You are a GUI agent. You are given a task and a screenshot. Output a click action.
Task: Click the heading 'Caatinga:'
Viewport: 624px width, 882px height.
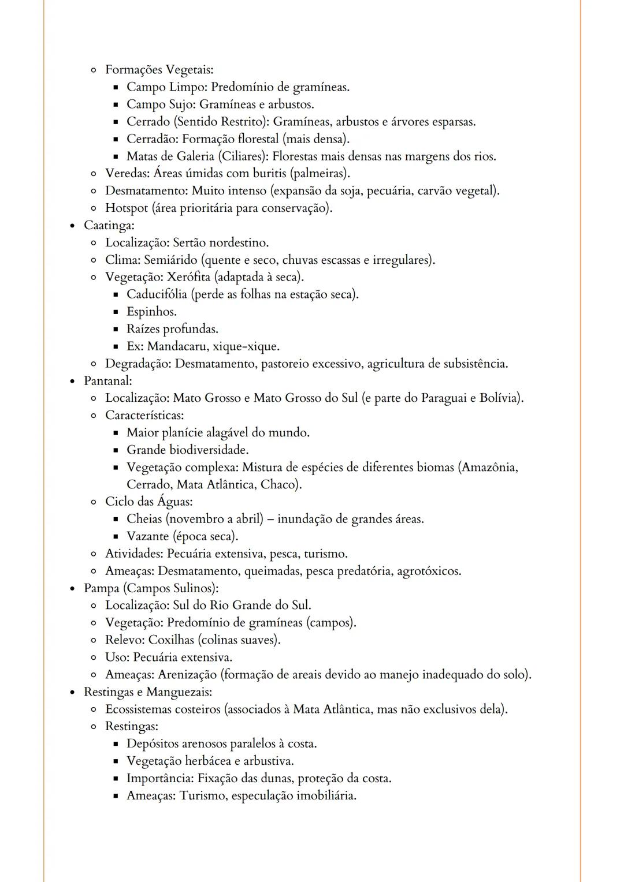click(109, 225)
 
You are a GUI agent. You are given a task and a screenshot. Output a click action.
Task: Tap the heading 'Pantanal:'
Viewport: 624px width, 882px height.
click(107, 381)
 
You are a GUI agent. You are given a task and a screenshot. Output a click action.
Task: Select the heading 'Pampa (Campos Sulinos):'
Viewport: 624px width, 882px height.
click(151, 588)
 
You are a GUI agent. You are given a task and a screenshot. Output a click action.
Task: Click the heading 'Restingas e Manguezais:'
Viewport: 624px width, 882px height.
click(147, 692)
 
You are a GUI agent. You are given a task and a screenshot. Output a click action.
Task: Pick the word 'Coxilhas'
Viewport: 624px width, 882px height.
click(171, 640)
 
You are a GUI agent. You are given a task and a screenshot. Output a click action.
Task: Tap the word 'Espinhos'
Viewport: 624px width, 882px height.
click(151, 312)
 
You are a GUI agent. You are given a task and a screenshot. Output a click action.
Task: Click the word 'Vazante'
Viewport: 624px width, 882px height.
click(147, 536)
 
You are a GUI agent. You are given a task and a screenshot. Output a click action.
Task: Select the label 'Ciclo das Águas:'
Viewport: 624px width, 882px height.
click(148, 502)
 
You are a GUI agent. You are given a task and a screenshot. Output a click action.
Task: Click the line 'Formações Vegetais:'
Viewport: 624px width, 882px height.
click(159, 70)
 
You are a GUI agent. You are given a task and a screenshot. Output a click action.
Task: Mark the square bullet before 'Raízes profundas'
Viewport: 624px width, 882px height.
click(115, 330)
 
